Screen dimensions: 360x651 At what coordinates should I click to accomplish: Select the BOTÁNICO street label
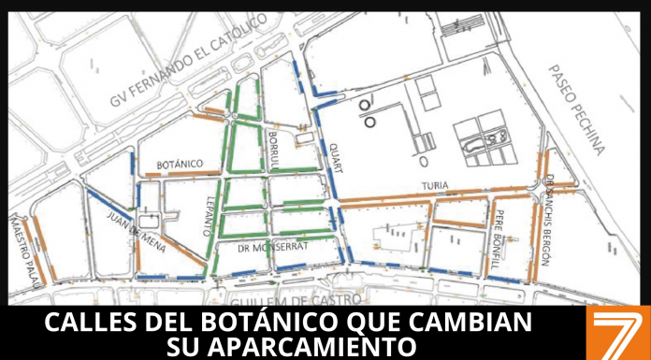[x=181, y=164]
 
